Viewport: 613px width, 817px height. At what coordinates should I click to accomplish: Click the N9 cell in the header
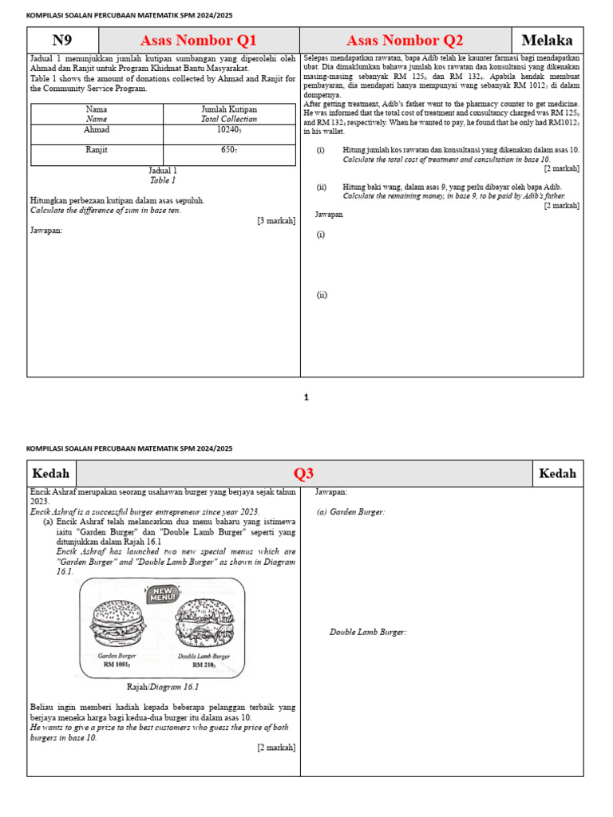click(x=62, y=41)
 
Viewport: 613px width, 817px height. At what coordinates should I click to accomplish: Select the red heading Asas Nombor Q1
click(x=198, y=41)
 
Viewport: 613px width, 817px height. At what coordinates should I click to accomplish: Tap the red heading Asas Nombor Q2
click(x=405, y=41)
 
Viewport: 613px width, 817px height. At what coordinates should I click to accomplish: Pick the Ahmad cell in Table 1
click(x=97, y=130)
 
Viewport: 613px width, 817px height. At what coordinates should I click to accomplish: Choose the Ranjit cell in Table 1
click(x=97, y=150)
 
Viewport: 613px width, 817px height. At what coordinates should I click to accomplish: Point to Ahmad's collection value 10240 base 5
click(x=229, y=130)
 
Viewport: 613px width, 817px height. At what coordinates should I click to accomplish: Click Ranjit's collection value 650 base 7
click(x=229, y=150)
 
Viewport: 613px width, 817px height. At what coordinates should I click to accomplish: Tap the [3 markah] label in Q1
click(x=276, y=221)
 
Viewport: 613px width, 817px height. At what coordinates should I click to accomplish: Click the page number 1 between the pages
click(x=306, y=397)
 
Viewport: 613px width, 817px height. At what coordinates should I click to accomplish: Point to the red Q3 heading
click(x=303, y=474)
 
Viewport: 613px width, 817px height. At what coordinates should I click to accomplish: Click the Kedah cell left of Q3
click(x=51, y=474)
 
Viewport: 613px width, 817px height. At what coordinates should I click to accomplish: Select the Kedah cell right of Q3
click(x=557, y=474)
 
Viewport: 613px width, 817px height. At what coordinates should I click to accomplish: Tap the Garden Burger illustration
click(x=117, y=625)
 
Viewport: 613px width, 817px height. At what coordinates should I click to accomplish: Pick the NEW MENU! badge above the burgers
click(x=162, y=594)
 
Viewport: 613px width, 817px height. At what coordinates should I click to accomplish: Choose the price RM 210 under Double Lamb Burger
click(x=205, y=664)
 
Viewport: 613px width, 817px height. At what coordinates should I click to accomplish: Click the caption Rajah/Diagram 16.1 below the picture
click(x=163, y=686)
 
